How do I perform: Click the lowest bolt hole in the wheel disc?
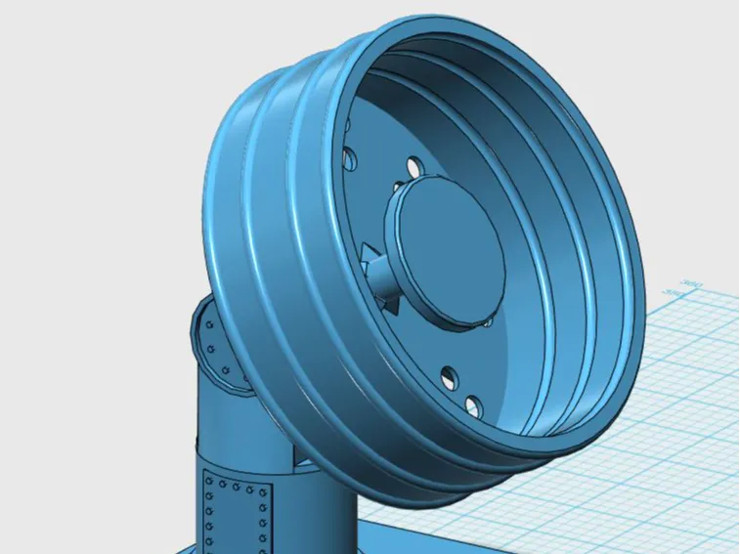(x=476, y=404)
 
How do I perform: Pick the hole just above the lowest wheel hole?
(x=450, y=374)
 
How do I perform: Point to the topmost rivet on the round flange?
(x=209, y=321)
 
